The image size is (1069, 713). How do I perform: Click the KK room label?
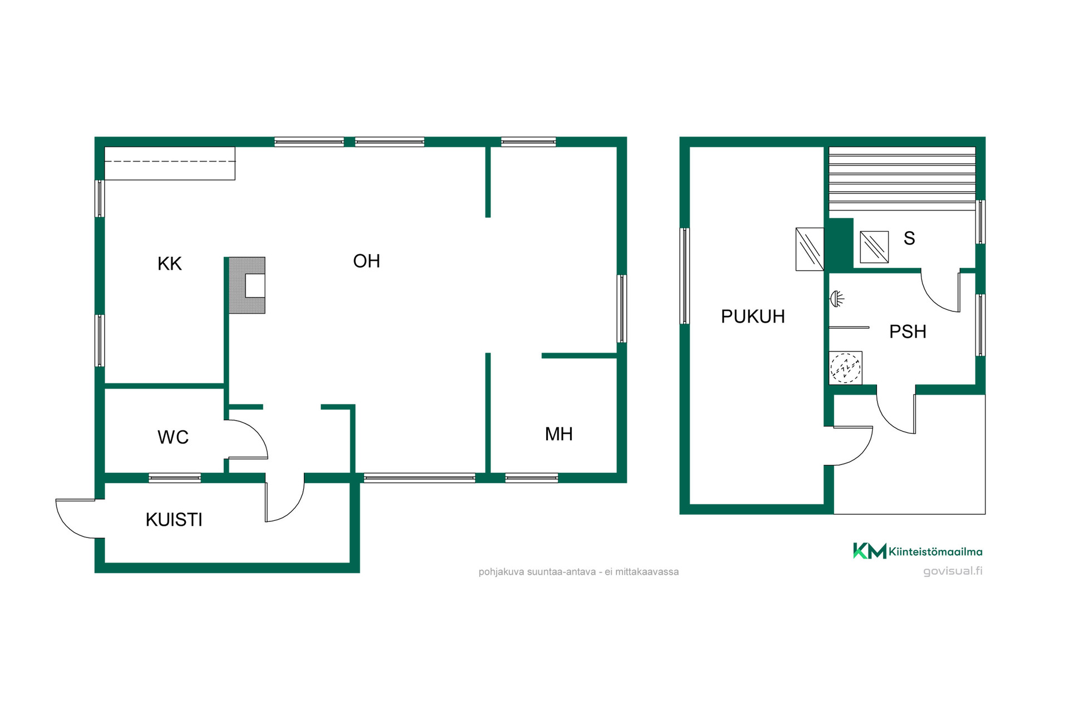tap(169, 263)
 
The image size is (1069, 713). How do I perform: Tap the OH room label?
tap(366, 261)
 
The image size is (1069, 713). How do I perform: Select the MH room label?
tap(558, 434)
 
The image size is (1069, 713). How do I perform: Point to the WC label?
tap(173, 437)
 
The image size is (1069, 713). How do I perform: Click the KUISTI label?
tap(174, 520)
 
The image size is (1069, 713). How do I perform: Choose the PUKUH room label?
tap(753, 316)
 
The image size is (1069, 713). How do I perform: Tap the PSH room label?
tap(908, 331)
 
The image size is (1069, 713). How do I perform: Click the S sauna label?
tap(909, 238)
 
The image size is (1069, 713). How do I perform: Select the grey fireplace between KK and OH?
tap(247, 285)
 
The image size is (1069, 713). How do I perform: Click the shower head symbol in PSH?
tap(836, 299)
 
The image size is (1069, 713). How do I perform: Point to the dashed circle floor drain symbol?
tap(845, 368)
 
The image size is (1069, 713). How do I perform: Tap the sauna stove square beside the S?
tap(874, 247)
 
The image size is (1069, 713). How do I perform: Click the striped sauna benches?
tap(902, 178)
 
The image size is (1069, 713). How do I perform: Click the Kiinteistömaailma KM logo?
tap(869, 551)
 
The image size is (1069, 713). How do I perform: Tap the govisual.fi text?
tap(953, 571)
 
